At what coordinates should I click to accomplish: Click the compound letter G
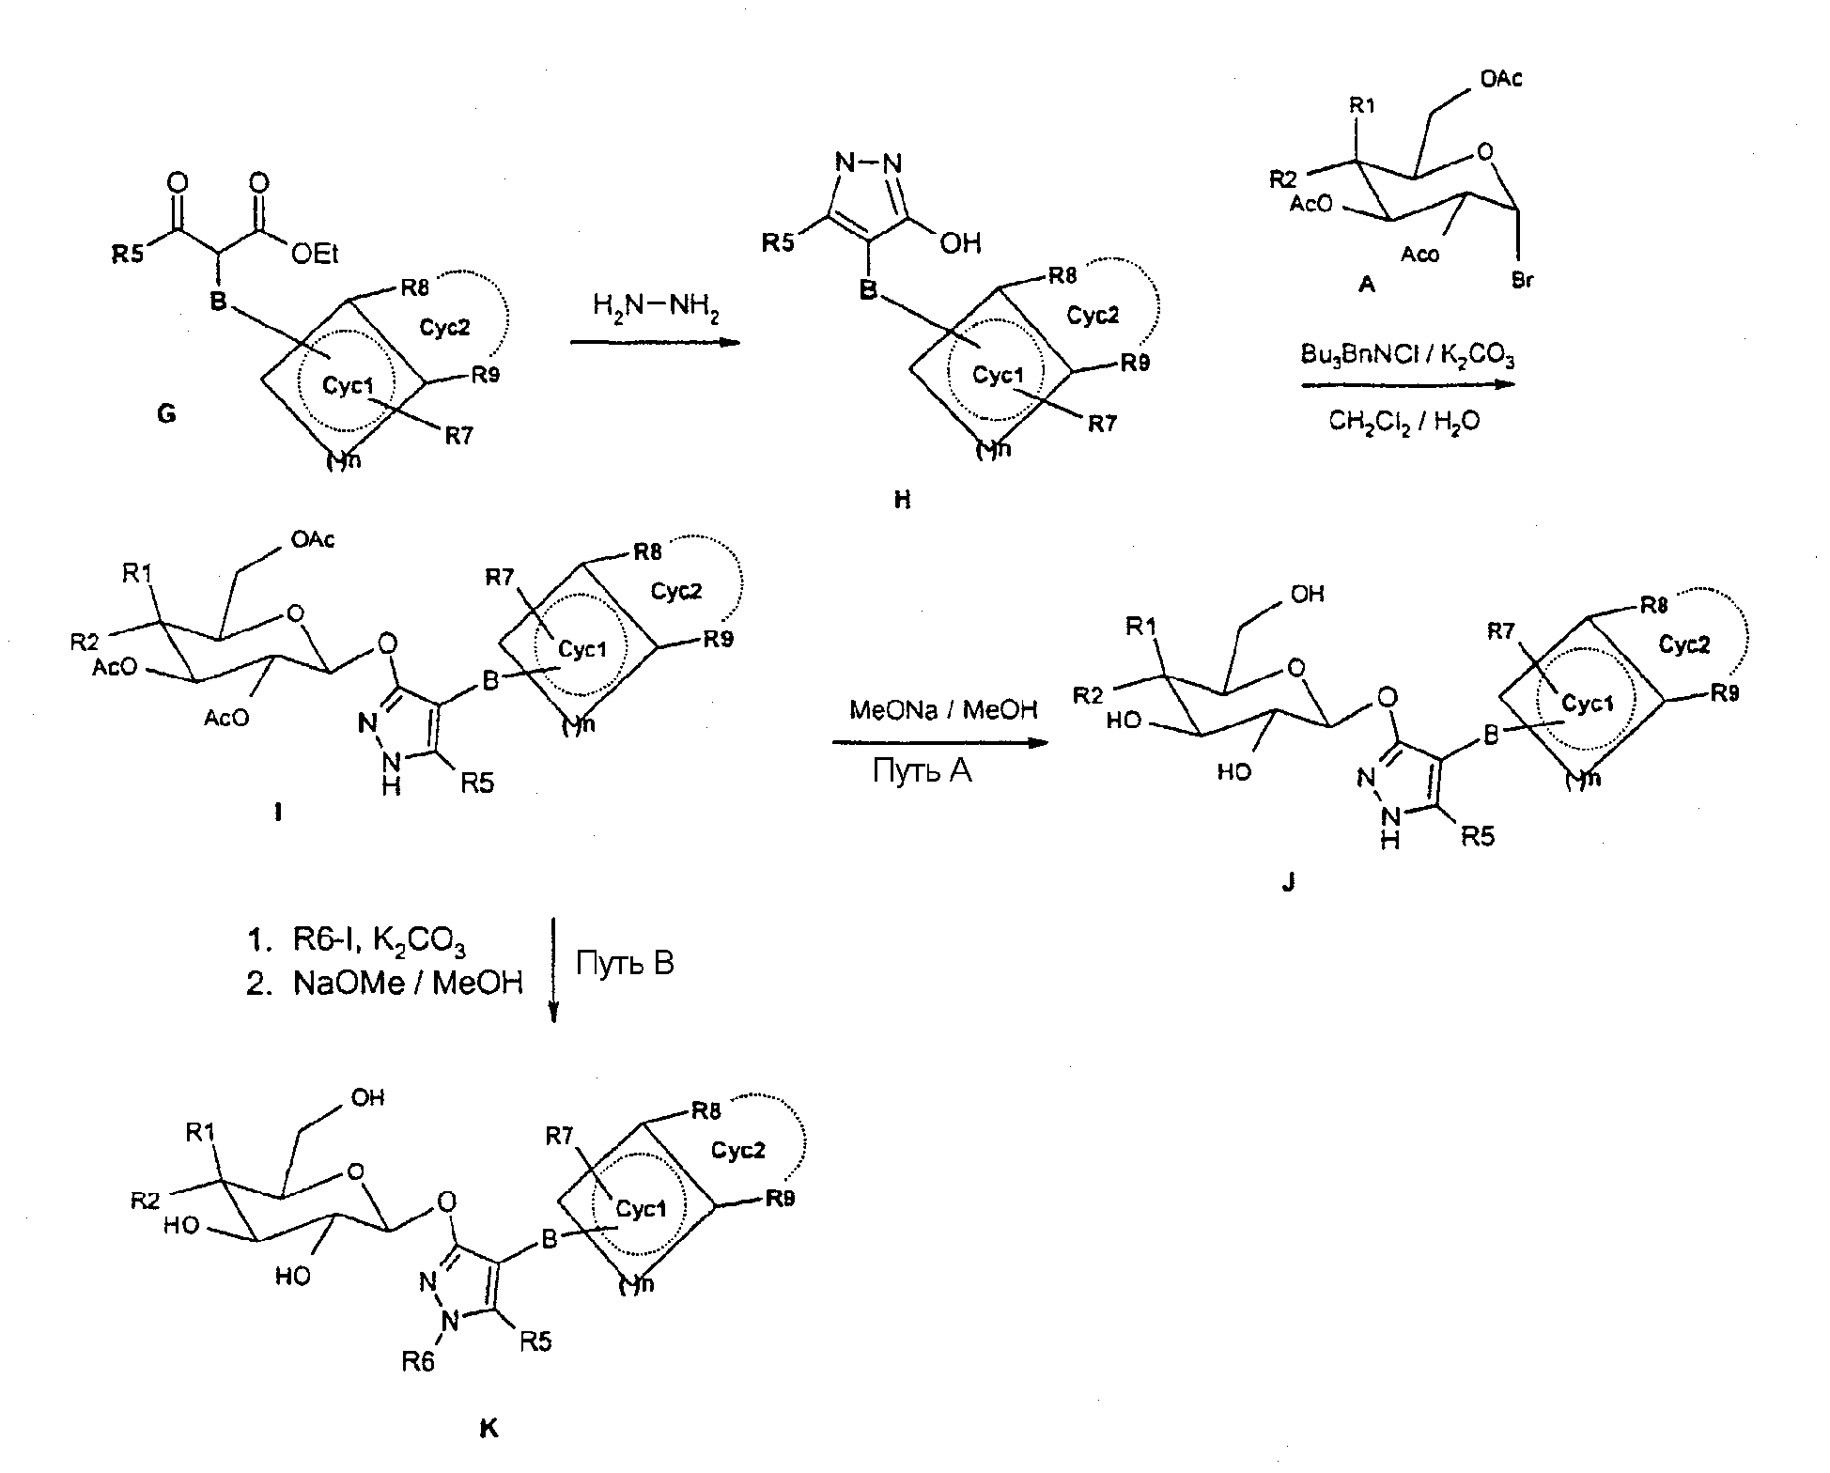tap(166, 413)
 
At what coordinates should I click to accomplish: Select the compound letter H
tap(902, 500)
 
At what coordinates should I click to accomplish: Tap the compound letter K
tap(489, 1430)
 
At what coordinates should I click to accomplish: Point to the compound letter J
tap(1288, 881)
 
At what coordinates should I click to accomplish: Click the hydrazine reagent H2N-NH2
tap(655, 306)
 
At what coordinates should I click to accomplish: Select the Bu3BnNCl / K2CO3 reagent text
tap(1407, 356)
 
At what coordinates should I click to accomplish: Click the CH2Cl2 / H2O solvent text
tap(1404, 423)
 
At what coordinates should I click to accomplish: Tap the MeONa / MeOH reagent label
tap(943, 709)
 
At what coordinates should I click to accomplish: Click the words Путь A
tap(922, 771)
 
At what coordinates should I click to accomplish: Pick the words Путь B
tap(625, 963)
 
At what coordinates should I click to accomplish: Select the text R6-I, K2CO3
tap(380, 941)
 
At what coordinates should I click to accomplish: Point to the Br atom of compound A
tap(1523, 280)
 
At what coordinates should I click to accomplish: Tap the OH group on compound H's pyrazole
tap(960, 243)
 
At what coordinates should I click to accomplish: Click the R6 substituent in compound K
tap(419, 1361)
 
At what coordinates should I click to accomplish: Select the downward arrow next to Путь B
tap(554, 969)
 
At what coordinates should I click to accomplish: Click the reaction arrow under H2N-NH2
tap(655, 343)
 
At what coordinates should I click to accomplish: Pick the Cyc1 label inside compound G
tap(348, 385)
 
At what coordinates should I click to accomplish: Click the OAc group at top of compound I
tap(313, 539)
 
